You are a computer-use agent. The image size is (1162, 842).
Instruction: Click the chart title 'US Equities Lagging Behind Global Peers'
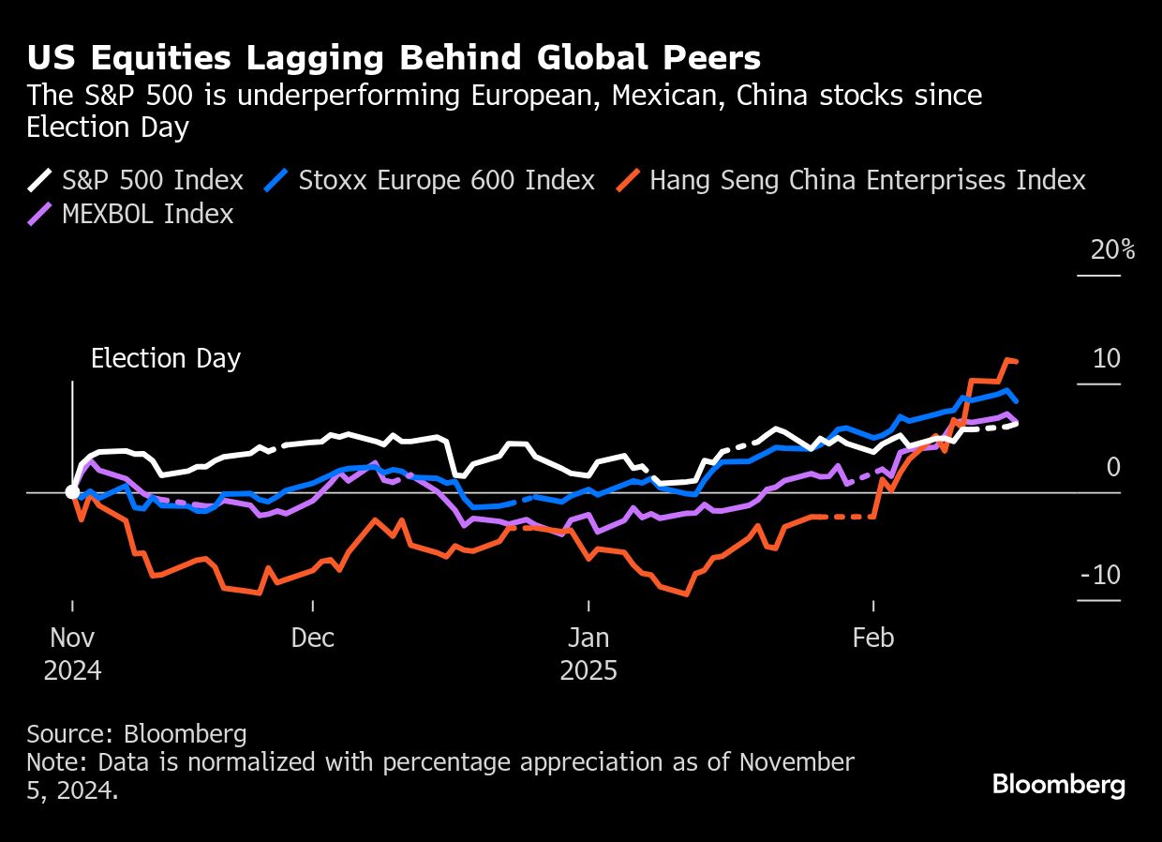coord(394,58)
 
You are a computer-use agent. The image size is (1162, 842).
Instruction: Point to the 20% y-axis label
coord(1112,250)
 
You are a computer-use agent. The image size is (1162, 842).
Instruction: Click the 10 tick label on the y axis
coord(1107,359)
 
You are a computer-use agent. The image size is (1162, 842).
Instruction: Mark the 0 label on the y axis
coord(1113,467)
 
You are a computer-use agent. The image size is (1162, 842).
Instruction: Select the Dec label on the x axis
coord(312,639)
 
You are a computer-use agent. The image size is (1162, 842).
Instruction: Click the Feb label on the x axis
coord(872,639)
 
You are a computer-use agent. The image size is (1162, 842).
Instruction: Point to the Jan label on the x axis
coord(588,639)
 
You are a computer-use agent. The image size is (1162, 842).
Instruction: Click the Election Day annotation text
coord(166,359)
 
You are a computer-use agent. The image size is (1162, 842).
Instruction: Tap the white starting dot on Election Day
coord(72,491)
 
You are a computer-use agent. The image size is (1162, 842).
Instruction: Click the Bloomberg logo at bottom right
coord(1059,785)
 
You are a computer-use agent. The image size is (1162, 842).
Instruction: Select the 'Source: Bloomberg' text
coord(137,733)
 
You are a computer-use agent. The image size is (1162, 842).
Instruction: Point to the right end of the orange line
coord(1017,361)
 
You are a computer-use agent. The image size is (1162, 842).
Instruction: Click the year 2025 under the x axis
coord(588,671)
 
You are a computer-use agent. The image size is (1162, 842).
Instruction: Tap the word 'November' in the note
coord(797,762)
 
